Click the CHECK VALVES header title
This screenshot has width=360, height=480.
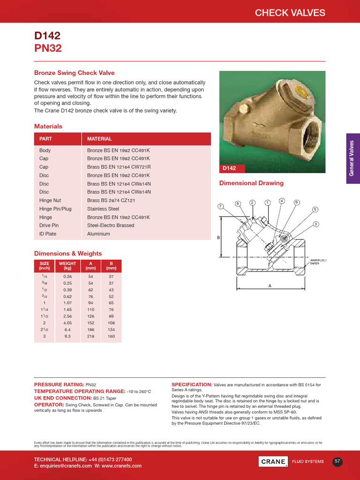click(x=290, y=13)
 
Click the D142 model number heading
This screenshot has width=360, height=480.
click(x=47, y=36)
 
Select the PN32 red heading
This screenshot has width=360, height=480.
click(x=48, y=48)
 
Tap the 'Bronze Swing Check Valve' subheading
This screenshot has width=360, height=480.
click(x=74, y=73)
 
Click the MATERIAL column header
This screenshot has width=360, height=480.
click(x=99, y=139)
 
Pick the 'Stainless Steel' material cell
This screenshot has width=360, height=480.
click(x=103, y=209)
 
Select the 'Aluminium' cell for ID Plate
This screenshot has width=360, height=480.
click(x=98, y=234)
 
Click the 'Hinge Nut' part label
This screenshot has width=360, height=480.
click(x=50, y=200)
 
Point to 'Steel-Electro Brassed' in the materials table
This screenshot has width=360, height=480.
click(x=111, y=225)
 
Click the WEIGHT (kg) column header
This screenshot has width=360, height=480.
click(x=67, y=266)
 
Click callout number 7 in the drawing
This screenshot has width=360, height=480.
click(x=220, y=206)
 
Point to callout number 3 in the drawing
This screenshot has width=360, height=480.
click(x=316, y=224)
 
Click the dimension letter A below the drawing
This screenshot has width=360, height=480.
click(x=270, y=285)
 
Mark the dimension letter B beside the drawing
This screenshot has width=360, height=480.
click(x=218, y=238)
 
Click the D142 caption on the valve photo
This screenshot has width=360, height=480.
click(x=229, y=168)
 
